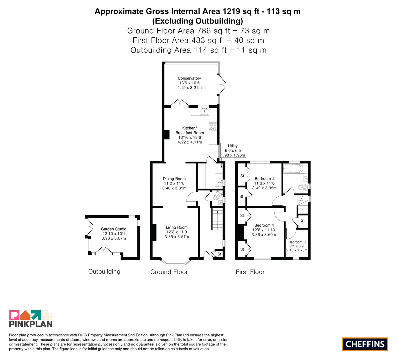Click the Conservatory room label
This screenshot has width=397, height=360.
coord(189,78)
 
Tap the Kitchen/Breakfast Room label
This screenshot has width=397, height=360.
coord(190,130)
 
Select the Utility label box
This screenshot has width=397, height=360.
coord(233,150)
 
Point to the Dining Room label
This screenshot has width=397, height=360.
coord(174,179)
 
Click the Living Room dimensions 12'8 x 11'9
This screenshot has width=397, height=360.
coord(177,232)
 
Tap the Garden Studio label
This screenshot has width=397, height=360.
coord(114,229)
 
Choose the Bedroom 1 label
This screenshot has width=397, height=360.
coord(264,225)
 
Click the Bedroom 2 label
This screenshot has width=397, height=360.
coord(265,179)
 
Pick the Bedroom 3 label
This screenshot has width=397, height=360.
coord(297,242)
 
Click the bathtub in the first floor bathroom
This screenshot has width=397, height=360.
coord(293,168)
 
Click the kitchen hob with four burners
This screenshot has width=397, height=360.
coord(213,126)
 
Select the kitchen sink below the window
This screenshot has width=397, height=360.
coord(204,111)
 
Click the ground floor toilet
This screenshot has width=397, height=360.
coord(217,196)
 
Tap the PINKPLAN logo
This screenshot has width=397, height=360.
coord(31,318)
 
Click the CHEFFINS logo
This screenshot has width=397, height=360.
coord(365,344)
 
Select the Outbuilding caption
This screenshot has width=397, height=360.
coord(104,272)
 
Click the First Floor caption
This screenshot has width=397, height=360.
coord(250,272)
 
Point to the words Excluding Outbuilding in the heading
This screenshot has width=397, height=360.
coord(197,21)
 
